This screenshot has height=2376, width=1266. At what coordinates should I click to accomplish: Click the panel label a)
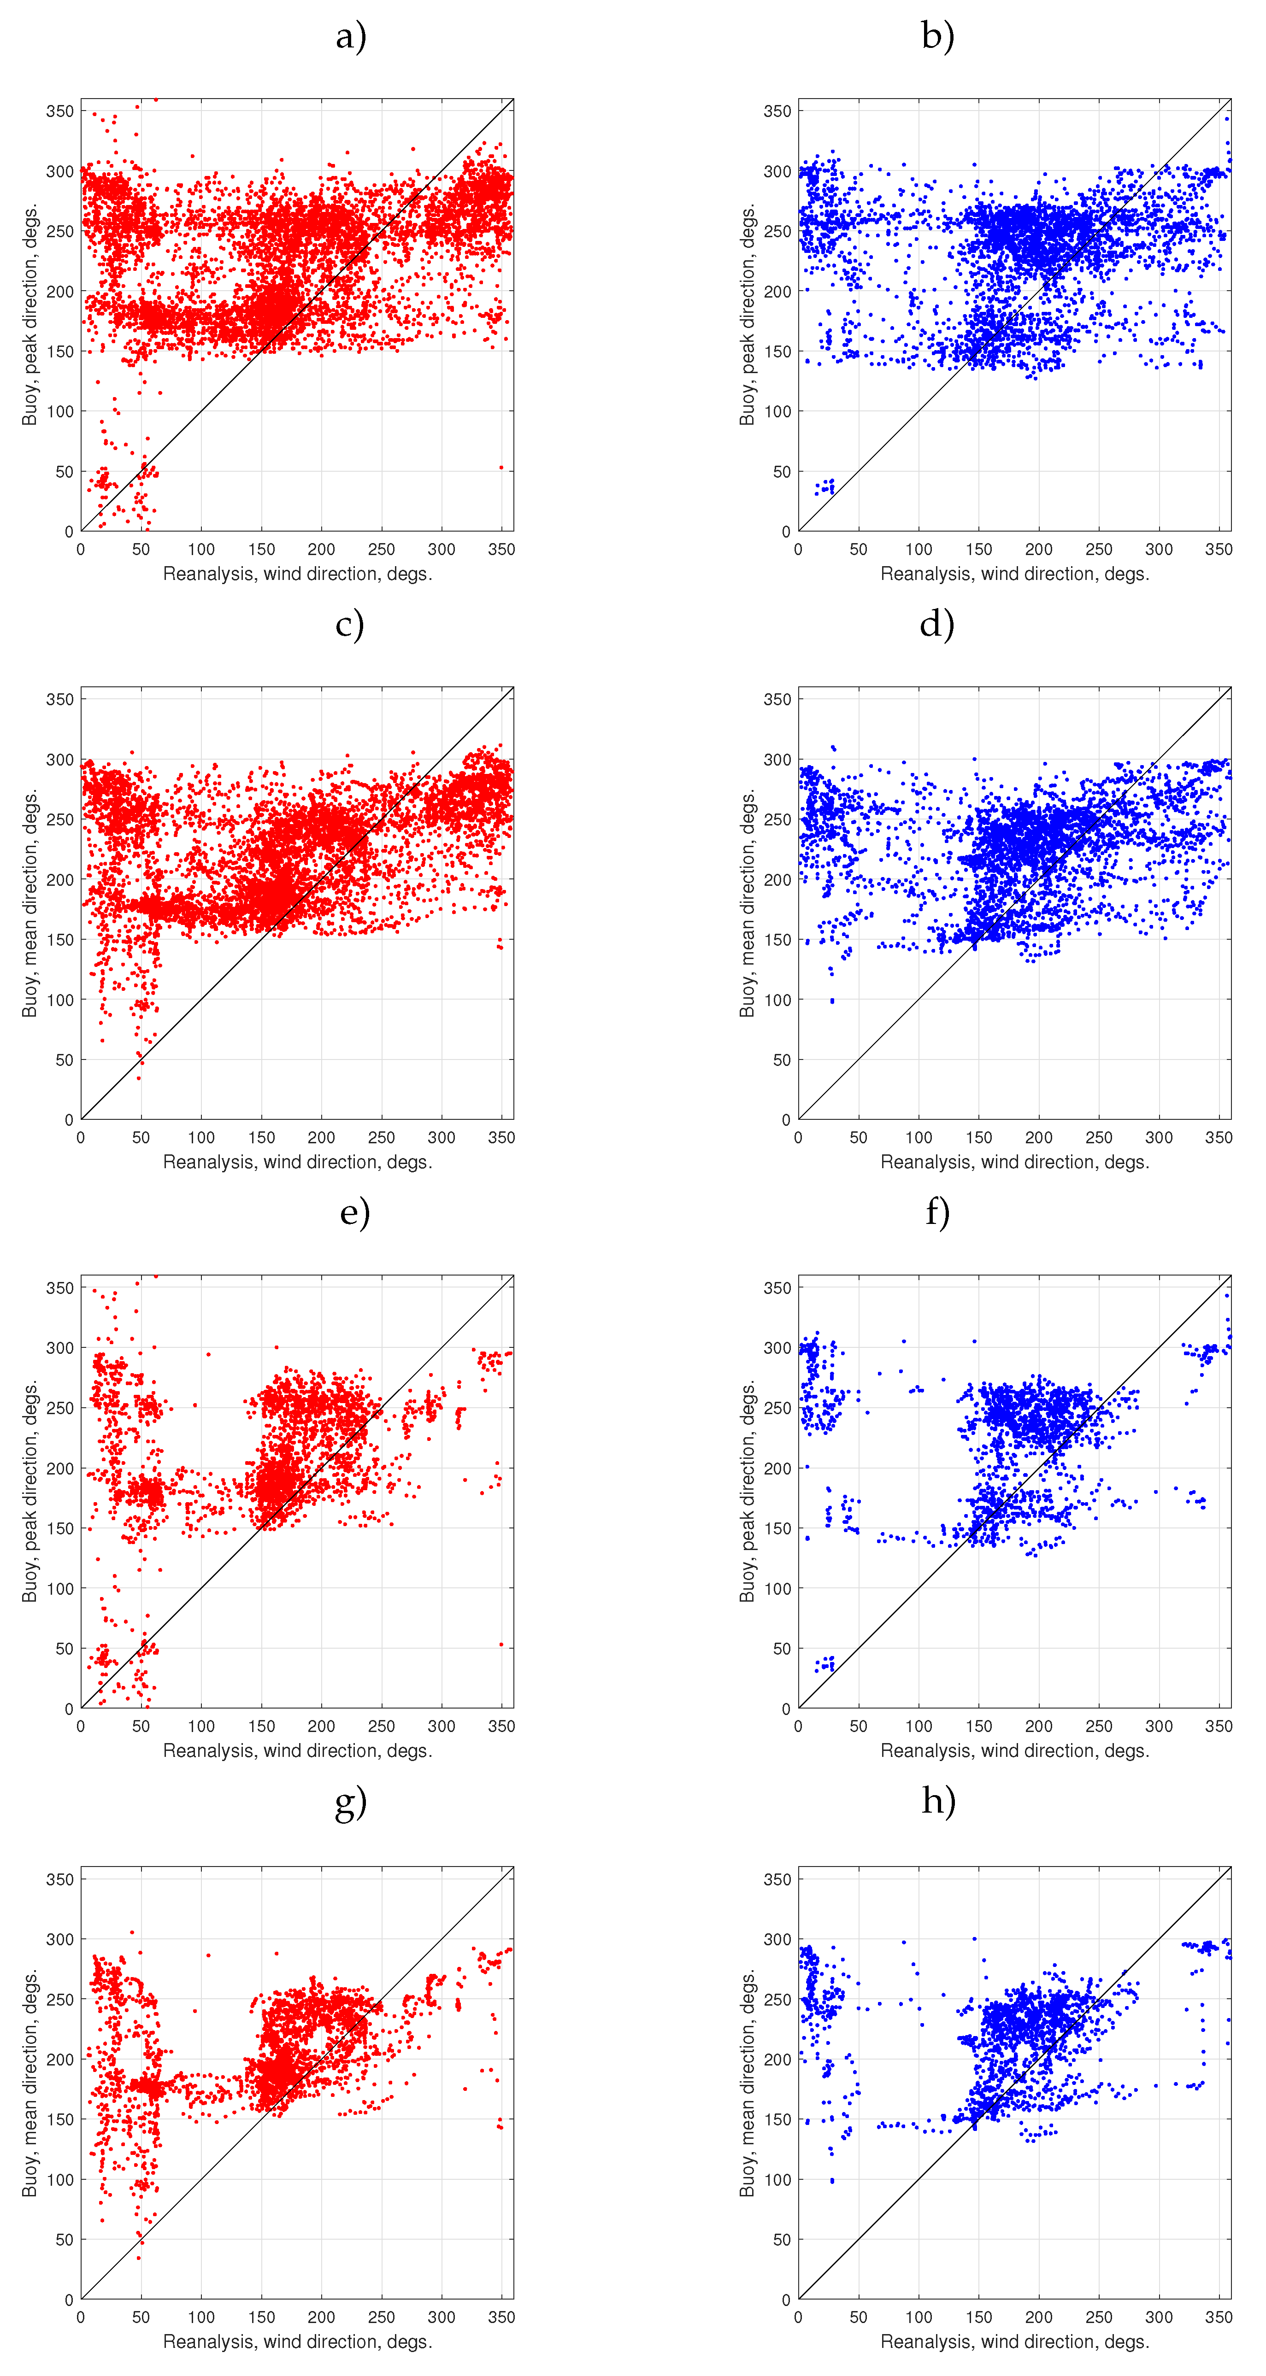click(x=351, y=37)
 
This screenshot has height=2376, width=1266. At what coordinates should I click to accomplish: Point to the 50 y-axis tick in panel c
click(x=64, y=1060)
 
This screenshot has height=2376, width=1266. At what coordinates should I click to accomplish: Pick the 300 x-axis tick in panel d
click(x=1159, y=1137)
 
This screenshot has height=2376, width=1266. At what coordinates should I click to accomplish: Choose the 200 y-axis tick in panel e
click(x=60, y=1469)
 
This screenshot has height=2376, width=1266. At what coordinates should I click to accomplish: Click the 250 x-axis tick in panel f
click(x=1099, y=1726)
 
